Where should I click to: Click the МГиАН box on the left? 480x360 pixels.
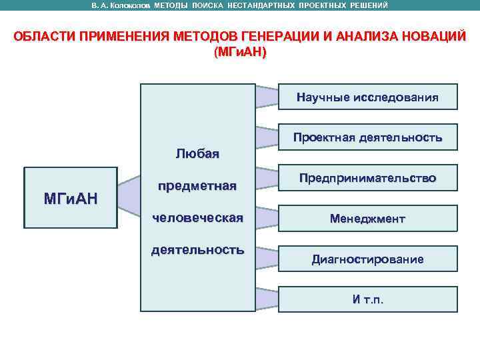coord(70,198)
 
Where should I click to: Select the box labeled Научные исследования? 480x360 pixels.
coord(367,98)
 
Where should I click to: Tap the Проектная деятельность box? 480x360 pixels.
coord(367,138)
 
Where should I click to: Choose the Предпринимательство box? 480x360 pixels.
coord(367,178)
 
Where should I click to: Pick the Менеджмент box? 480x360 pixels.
coord(367,218)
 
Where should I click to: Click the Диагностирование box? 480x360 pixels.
coord(367,259)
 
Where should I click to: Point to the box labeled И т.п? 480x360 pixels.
coord(367,299)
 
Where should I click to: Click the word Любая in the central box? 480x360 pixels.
coord(197,154)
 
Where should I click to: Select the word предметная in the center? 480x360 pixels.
coord(197,186)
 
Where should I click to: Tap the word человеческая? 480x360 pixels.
coord(197,217)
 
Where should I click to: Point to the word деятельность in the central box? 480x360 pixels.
coord(197,250)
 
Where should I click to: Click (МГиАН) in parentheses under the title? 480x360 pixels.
coord(240,51)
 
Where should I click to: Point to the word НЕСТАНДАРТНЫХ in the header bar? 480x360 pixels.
coord(265,5)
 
